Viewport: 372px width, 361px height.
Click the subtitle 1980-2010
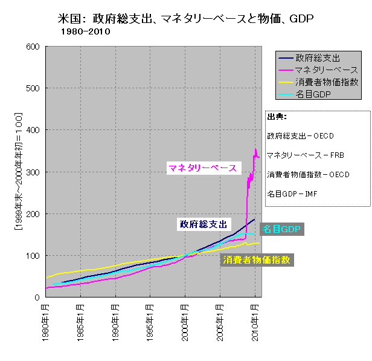pyautogui.click(x=85, y=32)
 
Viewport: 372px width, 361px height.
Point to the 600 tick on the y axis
pyautogui.click(x=33, y=47)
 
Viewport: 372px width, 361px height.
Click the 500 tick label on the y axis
pyautogui.click(x=33, y=88)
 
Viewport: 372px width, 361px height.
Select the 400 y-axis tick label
pyautogui.click(x=33, y=130)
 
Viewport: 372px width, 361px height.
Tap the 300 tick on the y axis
pyautogui.click(x=33, y=172)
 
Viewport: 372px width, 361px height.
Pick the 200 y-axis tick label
pyautogui.click(x=33, y=214)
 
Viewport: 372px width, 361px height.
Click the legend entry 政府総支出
pyautogui.click(x=318, y=59)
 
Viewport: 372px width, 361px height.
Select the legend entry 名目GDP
pyautogui.click(x=313, y=94)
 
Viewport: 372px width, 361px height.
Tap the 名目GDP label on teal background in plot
pyautogui.click(x=281, y=229)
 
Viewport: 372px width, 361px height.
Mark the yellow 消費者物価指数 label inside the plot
pyautogui.click(x=257, y=260)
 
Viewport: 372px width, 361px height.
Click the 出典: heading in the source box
pyautogui.click(x=277, y=117)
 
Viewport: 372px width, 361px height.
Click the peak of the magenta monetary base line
pyautogui.click(x=255, y=149)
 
